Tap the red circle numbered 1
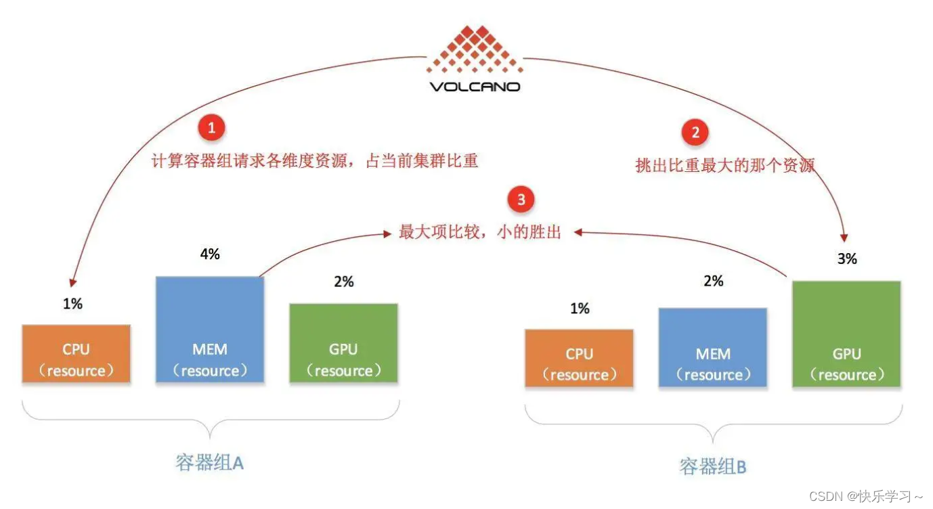[211, 128]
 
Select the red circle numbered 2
[695, 132]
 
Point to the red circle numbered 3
[521, 200]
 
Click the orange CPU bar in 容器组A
[76, 354]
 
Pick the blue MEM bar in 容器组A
[210, 330]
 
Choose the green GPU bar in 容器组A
[343, 343]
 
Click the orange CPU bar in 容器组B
[579, 359]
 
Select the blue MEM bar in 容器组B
[713, 348]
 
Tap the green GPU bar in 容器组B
[846, 334]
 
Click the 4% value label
[210, 255]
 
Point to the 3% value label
[847, 259]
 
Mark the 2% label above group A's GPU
[344, 282]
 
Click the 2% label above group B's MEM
[714, 282]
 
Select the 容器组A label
[209, 463]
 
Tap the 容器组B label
[712, 466]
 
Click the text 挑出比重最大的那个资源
[724, 165]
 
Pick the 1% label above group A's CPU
[72, 305]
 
